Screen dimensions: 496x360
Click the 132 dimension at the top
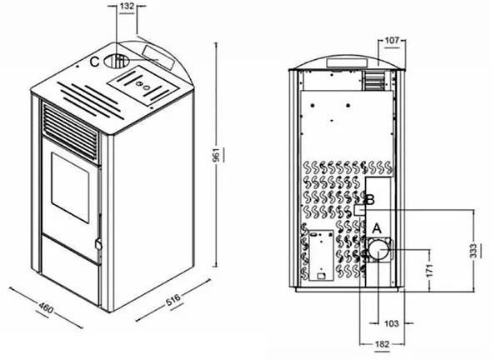coord(127,6)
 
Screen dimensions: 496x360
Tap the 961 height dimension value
coord(217,155)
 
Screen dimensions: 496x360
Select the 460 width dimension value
coord(46,307)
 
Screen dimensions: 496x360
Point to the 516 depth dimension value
coord(173,299)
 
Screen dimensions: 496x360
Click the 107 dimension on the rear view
coord(393,41)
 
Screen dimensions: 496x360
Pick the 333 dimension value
coord(473,251)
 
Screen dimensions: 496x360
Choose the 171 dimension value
coord(429,270)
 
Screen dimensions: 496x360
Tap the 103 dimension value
coord(392,323)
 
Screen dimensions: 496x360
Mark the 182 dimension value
coord(382,344)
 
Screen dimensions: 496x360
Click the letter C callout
coord(94,62)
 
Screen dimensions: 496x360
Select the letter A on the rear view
coord(377,228)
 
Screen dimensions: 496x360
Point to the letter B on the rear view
coord(370,200)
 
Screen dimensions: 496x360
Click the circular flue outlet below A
coord(378,249)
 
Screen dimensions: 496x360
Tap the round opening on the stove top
coord(116,61)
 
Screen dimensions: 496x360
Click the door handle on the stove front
coord(98,244)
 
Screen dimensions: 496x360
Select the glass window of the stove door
coord(70,187)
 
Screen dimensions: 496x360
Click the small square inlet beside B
coord(359,209)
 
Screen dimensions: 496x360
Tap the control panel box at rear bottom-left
coord(321,255)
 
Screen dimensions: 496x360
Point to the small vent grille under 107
coord(374,80)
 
